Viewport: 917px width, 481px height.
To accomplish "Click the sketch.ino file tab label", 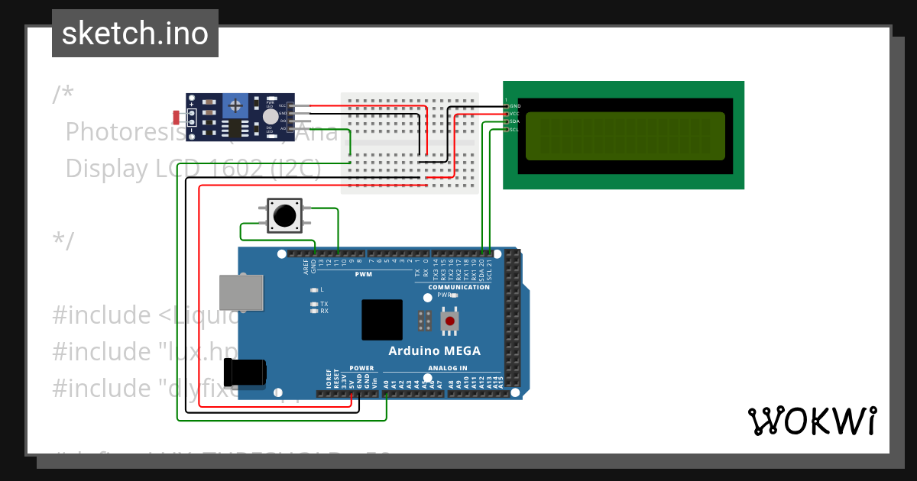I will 134,34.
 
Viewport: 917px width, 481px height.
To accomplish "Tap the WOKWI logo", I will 812,421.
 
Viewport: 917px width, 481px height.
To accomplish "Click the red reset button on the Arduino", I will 451,321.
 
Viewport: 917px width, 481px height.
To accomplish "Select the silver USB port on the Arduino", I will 241,293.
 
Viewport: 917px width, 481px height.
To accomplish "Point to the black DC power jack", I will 245,372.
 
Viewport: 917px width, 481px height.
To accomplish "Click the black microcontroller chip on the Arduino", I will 381,319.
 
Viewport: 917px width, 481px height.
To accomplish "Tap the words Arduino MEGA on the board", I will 434,351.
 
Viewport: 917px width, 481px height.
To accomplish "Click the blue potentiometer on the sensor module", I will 236,104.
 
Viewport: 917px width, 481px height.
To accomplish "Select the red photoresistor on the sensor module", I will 177,117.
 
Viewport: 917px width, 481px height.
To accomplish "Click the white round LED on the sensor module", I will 270,116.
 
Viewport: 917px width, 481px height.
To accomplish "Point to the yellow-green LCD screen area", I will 624,136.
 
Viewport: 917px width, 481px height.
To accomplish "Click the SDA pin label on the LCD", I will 514,121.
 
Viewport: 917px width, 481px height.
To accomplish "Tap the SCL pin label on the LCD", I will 514,129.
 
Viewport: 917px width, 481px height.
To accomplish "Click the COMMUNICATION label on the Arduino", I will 458,287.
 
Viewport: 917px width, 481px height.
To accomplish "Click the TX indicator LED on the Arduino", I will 314,304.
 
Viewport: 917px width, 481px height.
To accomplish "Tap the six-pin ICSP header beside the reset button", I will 426,321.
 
